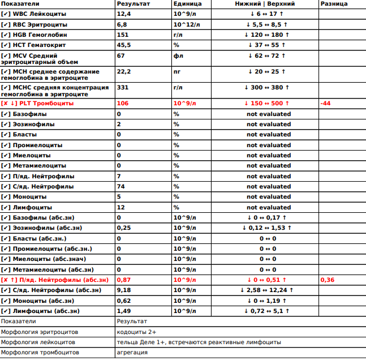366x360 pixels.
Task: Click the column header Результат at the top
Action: point(132,4)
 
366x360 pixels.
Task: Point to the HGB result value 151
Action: point(122,35)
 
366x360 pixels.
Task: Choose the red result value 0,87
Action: point(124,280)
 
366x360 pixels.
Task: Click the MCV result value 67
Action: point(120,55)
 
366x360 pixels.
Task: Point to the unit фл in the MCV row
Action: point(178,55)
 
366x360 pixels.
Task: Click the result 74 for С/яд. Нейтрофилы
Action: point(120,187)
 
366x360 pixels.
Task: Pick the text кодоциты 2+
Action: point(137,332)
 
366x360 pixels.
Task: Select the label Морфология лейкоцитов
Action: point(38,342)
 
